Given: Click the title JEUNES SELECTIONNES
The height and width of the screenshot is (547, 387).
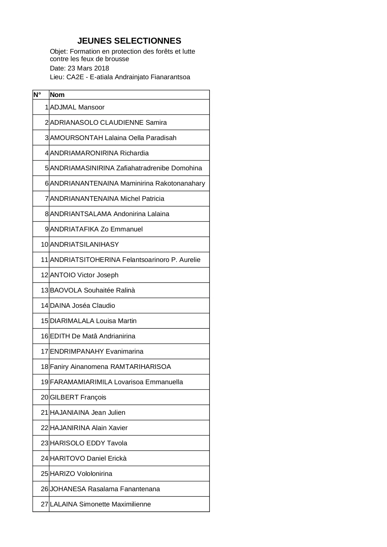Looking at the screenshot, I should click(x=129, y=41).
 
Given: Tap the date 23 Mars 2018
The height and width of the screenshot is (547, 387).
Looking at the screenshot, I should click(x=88, y=68).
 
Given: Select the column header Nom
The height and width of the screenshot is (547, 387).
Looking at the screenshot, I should click(x=57, y=95).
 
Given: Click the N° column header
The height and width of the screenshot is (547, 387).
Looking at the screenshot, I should click(x=37, y=95).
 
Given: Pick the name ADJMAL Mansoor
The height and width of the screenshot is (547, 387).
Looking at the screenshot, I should click(x=77, y=107).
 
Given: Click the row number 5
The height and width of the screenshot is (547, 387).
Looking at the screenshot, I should click(x=47, y=168).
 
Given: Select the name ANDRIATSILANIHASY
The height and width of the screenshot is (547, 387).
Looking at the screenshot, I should click(x=84, y=244).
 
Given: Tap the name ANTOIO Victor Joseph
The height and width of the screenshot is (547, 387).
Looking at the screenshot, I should click(x=84, y=275).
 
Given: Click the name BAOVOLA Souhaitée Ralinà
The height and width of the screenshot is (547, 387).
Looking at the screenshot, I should click(x=92, y=290).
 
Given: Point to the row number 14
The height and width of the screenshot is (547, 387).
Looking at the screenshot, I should click(x=45, y=306).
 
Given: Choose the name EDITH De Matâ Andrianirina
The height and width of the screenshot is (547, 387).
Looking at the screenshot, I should click(x=93, y=336).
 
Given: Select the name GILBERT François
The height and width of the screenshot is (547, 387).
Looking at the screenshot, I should click(x=78, y=397).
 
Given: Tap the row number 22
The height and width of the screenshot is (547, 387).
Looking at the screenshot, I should click(x=45, y=428).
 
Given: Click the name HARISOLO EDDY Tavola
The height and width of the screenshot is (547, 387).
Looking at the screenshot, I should click(x=89, y=443).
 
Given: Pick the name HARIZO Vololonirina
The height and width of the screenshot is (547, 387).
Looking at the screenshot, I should click(x=81, y=474).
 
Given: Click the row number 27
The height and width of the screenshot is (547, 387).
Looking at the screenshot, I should click(x=45, y=504).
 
